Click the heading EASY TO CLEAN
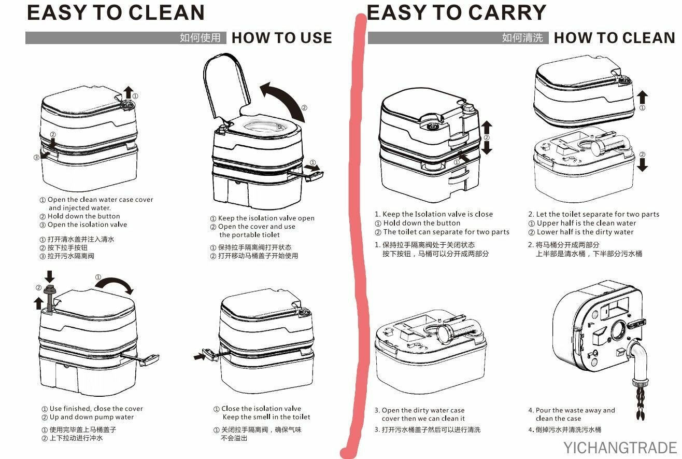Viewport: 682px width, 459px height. pos(116,12)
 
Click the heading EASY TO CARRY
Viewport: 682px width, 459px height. pos(457,12)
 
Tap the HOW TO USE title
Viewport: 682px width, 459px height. pos(281,38)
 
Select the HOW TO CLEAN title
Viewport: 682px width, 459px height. pos(615,38)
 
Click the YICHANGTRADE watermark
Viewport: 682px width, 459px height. pos(620,448)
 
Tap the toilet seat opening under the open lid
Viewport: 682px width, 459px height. pos(264,126)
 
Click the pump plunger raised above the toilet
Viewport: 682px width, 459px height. pos(49,298)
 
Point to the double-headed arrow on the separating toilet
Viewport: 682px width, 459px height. pos(487,137)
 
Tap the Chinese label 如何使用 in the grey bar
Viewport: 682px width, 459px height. pos(200,38)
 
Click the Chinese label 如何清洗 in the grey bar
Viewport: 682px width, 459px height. pos(522,38)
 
